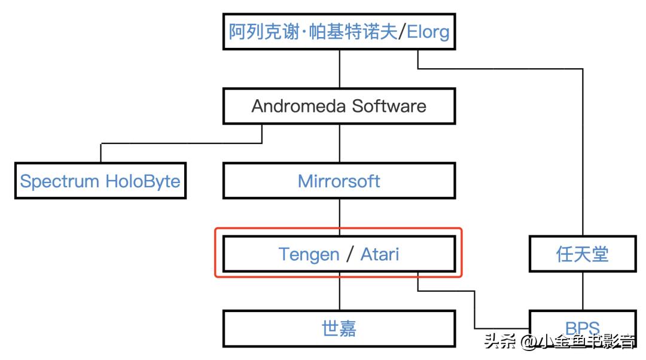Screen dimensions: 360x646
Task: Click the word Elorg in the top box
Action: (x=428, y=31)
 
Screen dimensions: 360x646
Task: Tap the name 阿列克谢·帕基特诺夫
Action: (x=312, y=31)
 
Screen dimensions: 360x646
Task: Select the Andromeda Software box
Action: (x=339, y=106)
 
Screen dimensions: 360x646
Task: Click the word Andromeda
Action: (x=299, y=106)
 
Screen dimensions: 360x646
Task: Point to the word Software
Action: (x=389, y=106)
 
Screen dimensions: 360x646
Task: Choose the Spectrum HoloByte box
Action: (x=100, y=181)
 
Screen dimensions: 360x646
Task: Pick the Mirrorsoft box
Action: (x=339, y=181)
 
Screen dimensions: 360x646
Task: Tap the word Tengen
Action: (x=309, y=254)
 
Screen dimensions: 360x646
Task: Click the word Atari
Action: (x=379, y=254)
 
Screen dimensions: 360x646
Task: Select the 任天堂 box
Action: (x=582, y=254)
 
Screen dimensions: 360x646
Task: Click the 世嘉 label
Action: (x=339, y=328)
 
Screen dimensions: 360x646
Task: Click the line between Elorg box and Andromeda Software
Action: (x=340, y=69)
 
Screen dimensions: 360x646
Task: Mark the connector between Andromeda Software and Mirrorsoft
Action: (x=340, y=144)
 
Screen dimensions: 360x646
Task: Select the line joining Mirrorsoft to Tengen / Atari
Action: (x=340, y=217)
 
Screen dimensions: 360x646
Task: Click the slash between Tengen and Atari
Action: (x=350, y=254)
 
